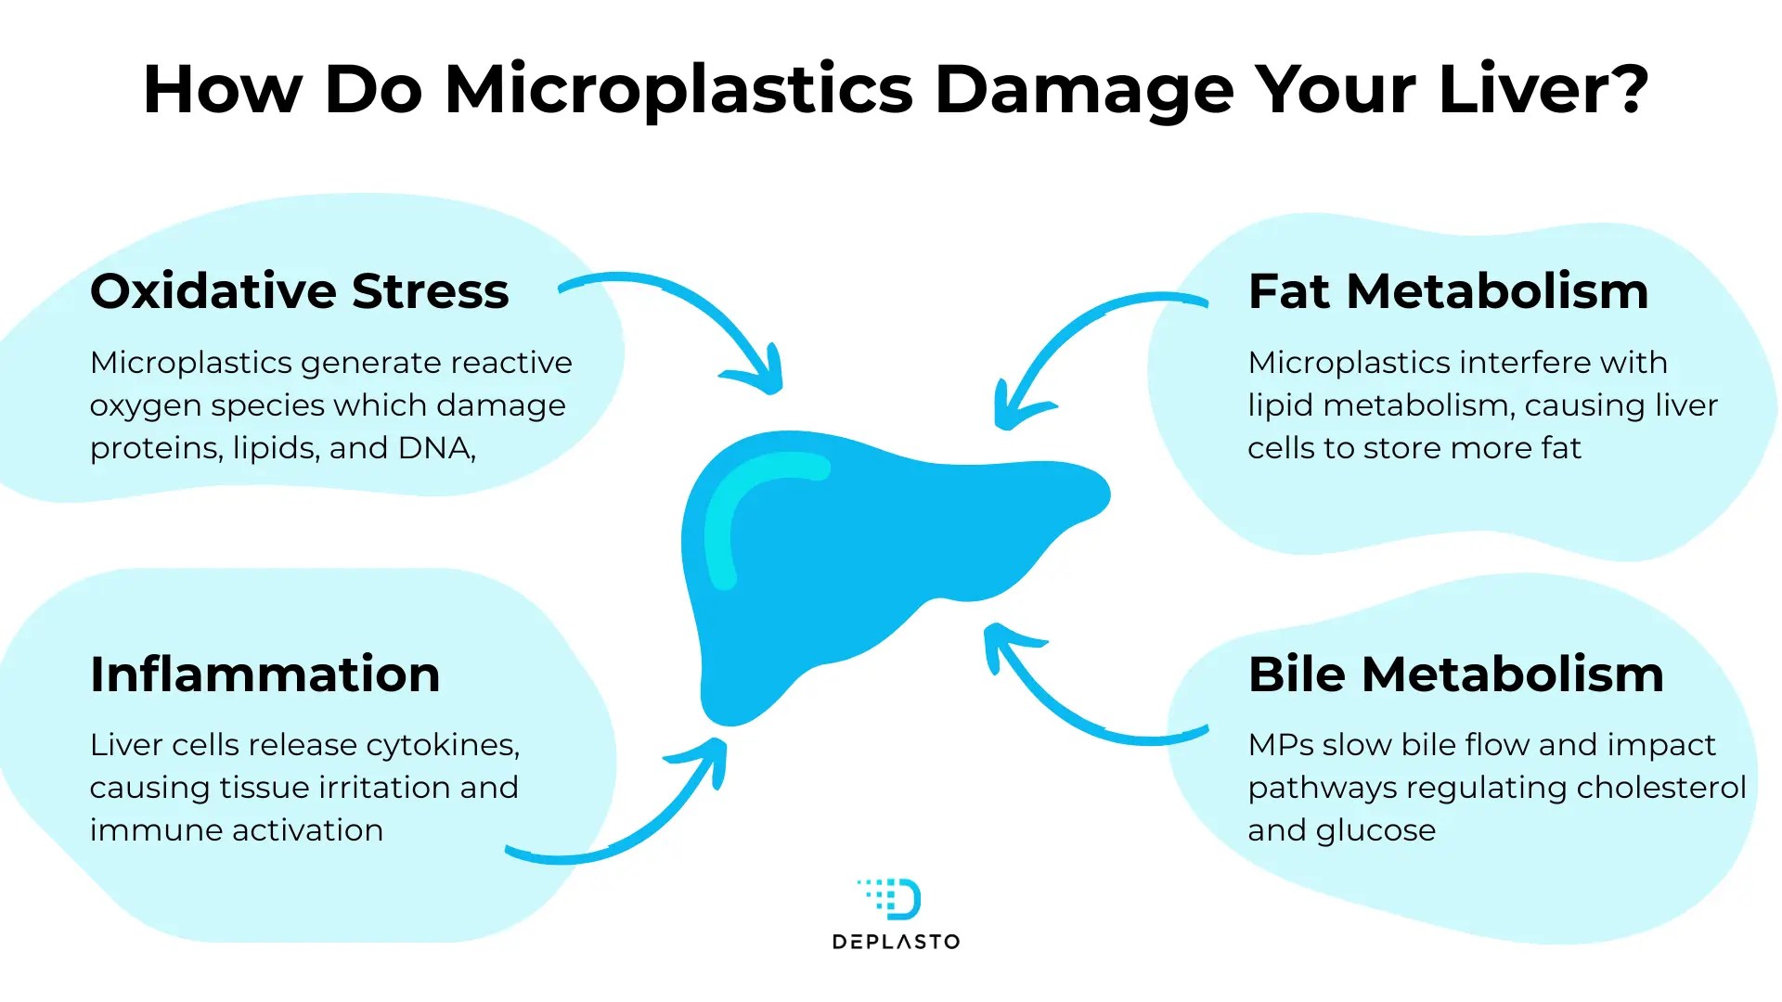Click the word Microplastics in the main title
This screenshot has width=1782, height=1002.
679,90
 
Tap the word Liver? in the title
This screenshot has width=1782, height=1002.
1543,90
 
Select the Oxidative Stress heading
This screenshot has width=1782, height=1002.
299,291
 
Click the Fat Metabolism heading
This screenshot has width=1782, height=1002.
1448,291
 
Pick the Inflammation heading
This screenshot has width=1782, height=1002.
265,674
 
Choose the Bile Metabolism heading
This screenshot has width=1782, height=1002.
1455,674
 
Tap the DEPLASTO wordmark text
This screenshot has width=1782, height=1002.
897,943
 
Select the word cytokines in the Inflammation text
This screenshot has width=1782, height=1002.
443,745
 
